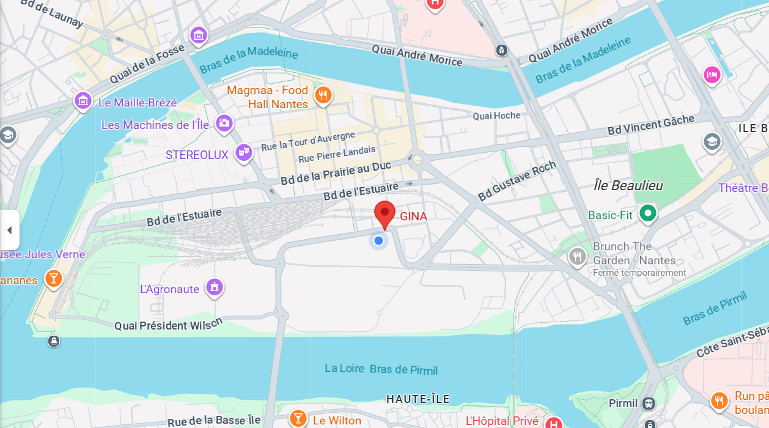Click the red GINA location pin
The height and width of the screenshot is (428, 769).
[x=384, y=215]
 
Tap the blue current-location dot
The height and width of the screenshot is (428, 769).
[x=379, y=240]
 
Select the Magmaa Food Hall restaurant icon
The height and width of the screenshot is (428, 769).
[x=323, y=95]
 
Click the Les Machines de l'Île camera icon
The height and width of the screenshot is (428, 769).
[x=224, y=124]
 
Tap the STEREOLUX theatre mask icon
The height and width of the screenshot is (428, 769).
[x=244, y=153]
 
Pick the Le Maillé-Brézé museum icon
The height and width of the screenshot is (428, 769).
[x=83, y=101]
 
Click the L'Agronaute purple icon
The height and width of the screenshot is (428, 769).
[x=214, y=287]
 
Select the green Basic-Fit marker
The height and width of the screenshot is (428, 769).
[x=647, y=213]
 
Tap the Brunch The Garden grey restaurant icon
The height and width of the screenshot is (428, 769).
[x=577, y=256]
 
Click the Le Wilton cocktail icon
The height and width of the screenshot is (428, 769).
[x=298, y=418]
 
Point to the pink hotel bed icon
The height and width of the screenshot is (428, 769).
[x=712, y=75]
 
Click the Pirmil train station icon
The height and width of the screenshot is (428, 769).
[x=648, y=404]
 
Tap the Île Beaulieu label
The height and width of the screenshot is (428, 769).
[x=628, y=185]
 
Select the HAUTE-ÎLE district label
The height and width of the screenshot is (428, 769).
[x=418, y=399]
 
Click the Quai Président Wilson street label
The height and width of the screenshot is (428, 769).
[x=169, y=325]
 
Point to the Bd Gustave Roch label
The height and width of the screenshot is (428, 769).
[x=517, y=181]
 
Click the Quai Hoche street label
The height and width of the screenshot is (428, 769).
[x=496, y=116]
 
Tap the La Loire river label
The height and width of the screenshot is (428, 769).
[x=345, y=368]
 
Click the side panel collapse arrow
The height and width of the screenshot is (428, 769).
[x=9, y=230]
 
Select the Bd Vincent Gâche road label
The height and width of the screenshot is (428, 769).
[x=650, y=125]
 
